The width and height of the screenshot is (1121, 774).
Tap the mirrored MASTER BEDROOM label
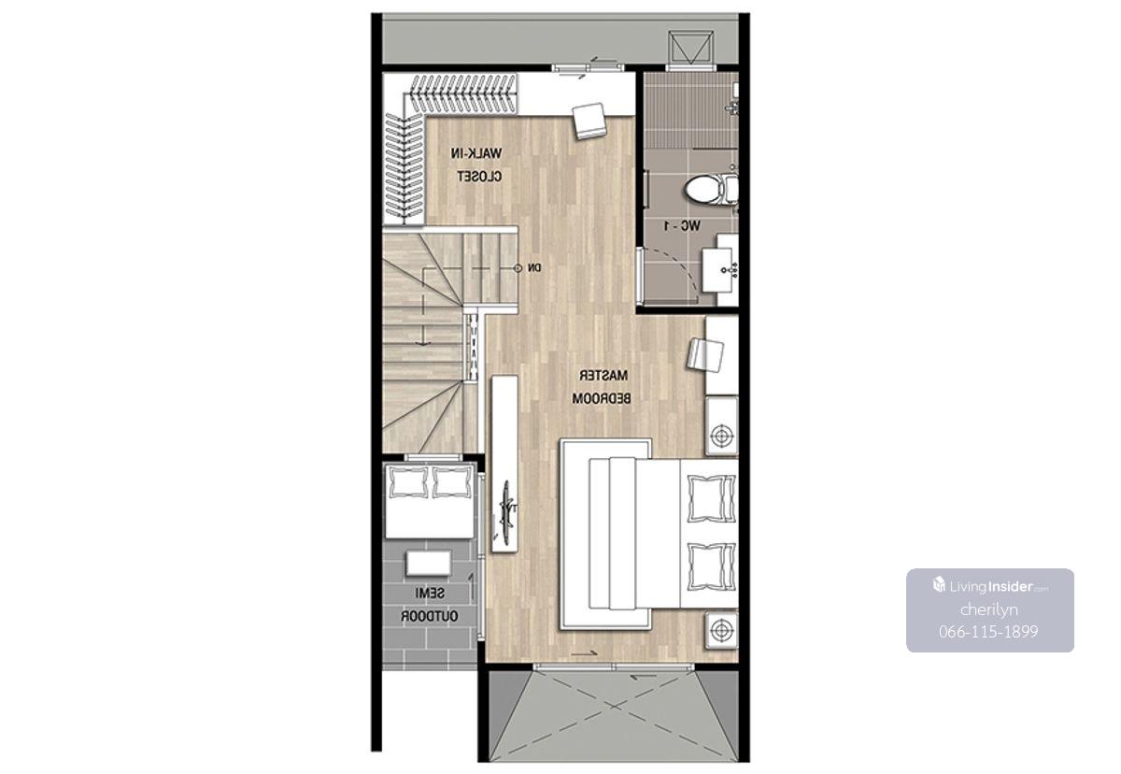coord(602,386)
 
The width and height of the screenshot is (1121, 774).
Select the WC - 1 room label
coord(682,226)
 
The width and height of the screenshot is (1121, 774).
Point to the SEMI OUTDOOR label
coord(430,605)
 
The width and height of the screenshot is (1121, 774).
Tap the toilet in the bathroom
coord(711,189)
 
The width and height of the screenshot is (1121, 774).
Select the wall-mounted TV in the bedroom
coord(505,511)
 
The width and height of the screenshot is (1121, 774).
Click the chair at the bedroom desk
coord(705,354)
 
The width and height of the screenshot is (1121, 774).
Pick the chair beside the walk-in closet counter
coord(590,121)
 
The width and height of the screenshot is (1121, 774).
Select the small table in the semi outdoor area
coord(429,563)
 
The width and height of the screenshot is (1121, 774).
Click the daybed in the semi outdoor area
coord(429,501)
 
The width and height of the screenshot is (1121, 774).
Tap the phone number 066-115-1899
coord(988,632)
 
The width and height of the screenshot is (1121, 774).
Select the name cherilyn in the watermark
coord(989,609)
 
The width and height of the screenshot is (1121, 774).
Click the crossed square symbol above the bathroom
coord(690,48)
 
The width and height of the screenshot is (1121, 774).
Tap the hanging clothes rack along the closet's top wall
coord(463,93)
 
